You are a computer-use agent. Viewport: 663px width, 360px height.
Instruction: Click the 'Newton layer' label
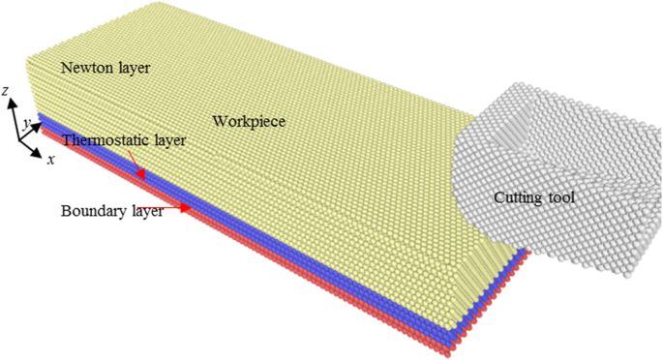pyautogui.click(x=104, y=68)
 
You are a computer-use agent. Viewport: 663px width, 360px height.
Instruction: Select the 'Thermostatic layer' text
pyautogui.click(x=125, y=140)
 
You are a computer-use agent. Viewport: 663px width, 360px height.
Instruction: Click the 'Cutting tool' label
pyautogui.click(x=534, y=198)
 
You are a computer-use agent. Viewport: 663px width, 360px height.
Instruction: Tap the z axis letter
pyautogui.click(x=7, y=91)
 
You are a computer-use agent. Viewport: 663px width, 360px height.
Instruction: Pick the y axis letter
pyautogui.click(x=28, y=122)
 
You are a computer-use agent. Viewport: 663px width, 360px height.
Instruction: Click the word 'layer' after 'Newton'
pyautogui.click(x=131, y=68)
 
